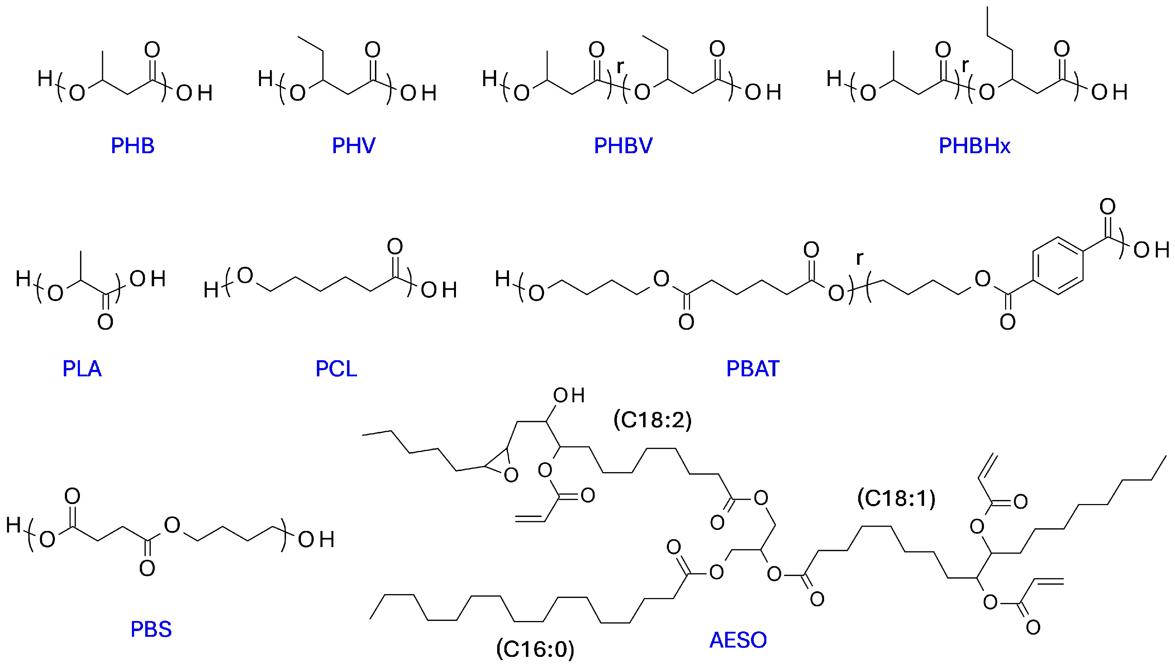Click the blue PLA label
(x=82, y=368)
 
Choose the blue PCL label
(x=336, y=368)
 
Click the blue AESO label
(x=738, y=640)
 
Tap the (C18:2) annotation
(x=653, y=420)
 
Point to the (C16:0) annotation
(x=535, y=649)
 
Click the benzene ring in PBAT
(x=1058, y=266)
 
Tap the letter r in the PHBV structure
(x=620, y=66)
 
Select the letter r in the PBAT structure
(x=859, y=258)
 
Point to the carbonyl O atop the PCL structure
(x=395, y=246)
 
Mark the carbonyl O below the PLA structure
(x=105, y=322)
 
